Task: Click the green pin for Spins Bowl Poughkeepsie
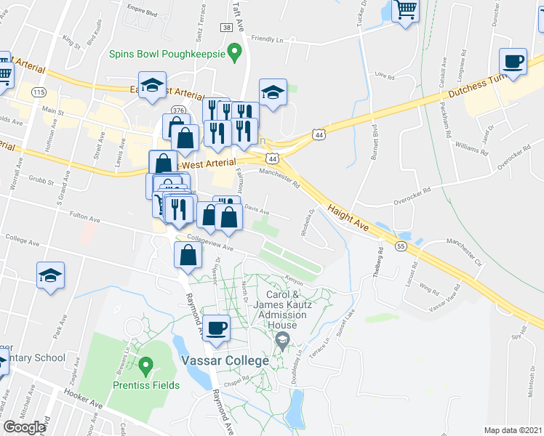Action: tap(234, 52)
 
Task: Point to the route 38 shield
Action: tap(228, 28)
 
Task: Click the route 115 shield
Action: tap(39, 92)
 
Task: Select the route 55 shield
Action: tap(401, 247)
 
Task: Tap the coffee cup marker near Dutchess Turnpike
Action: tap(513, 62)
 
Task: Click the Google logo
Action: tap(24, 427)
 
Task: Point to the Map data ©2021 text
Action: tap(513, 430)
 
